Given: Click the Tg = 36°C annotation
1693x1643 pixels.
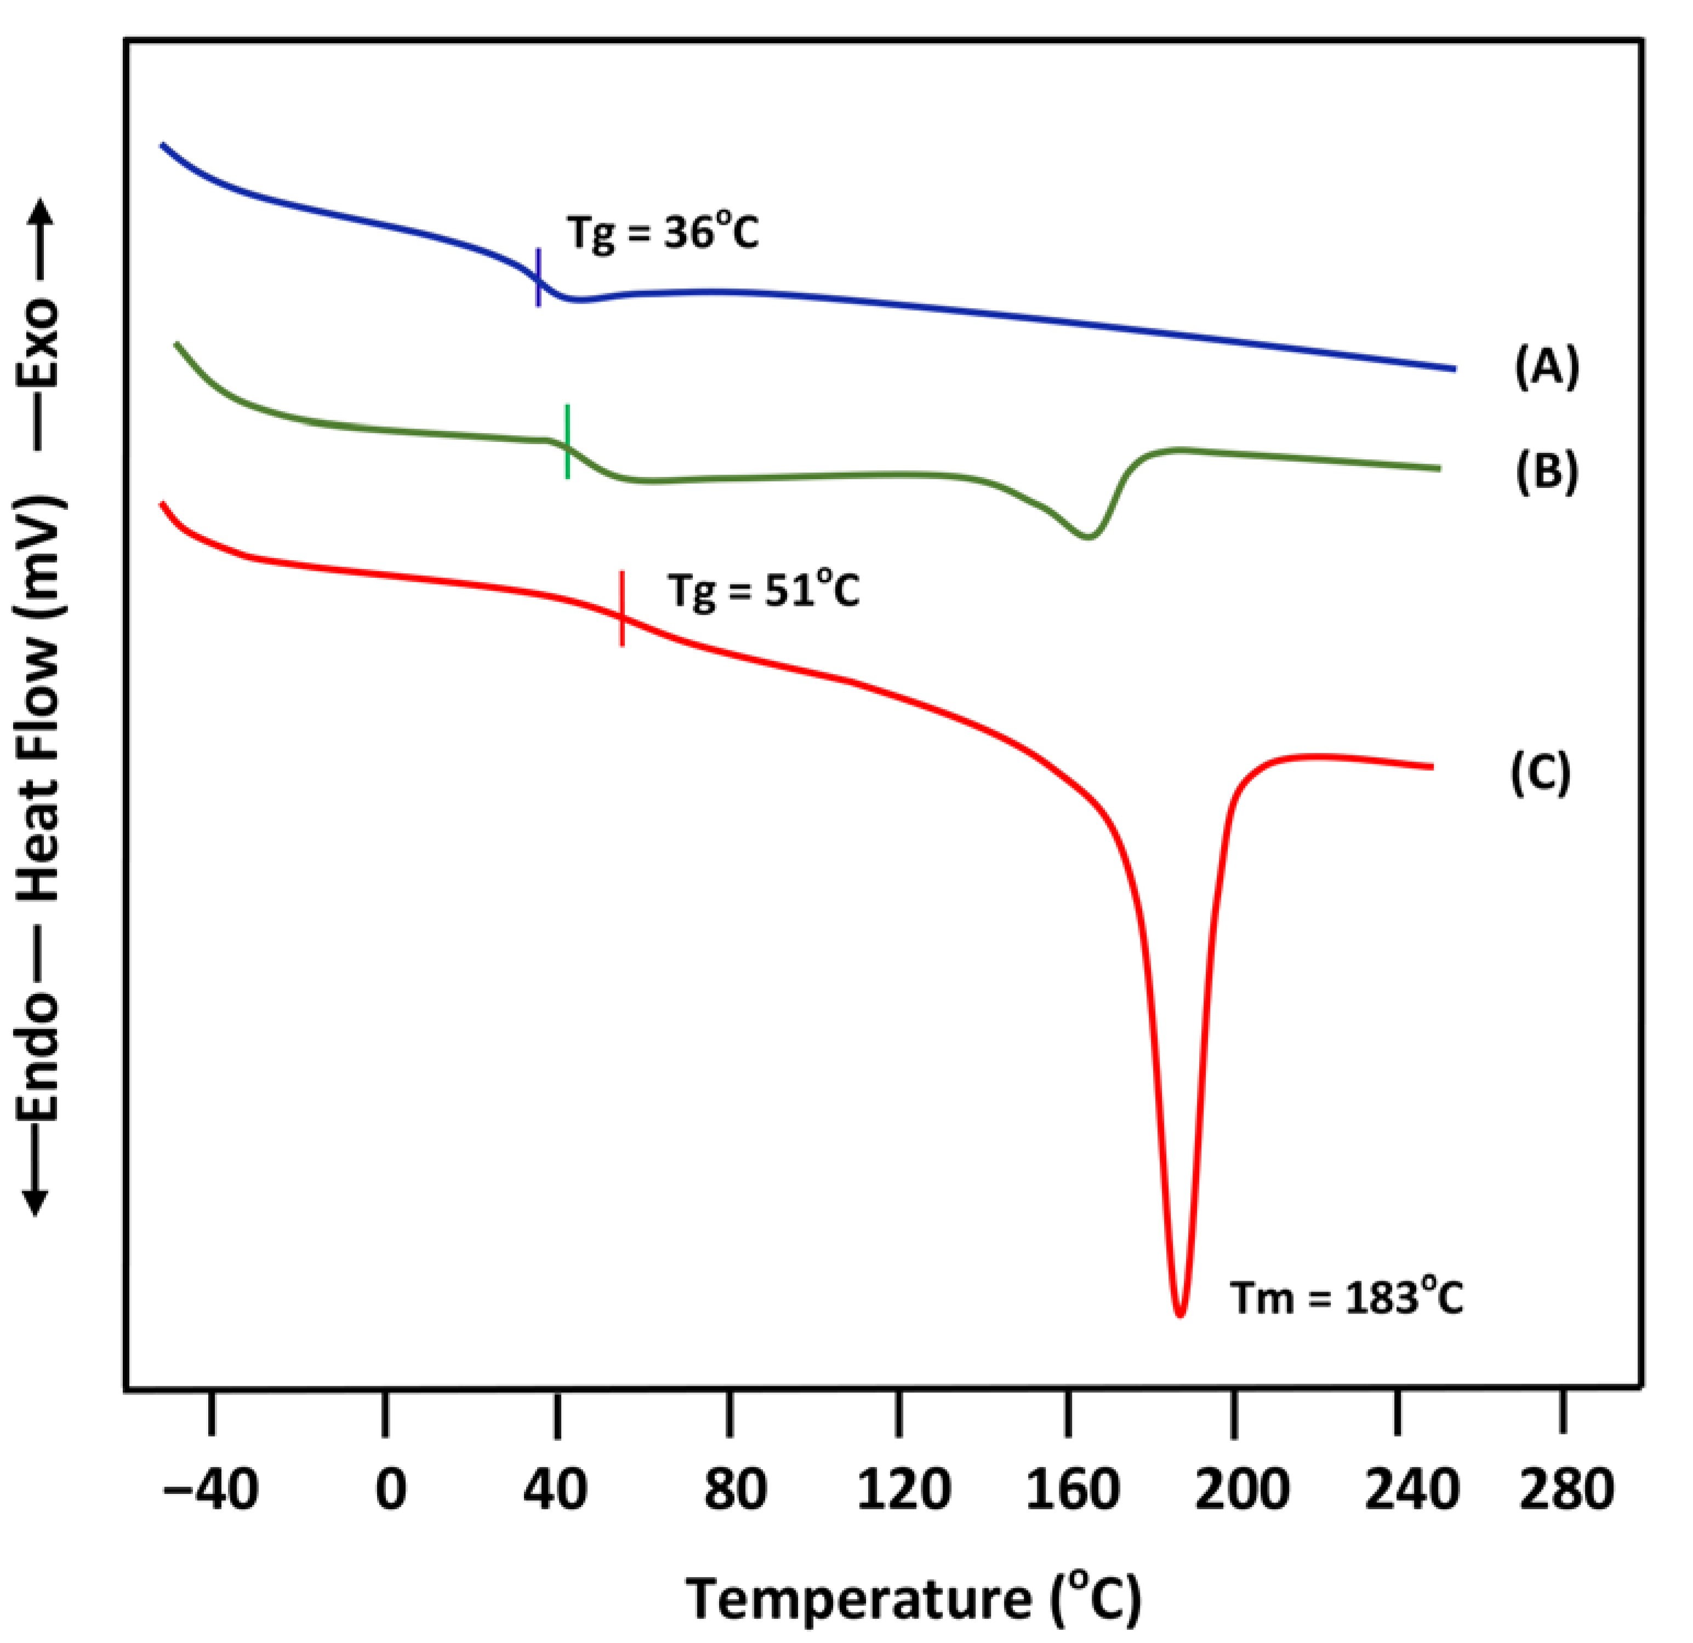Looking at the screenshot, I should pyautogui.click(x=663, y=233).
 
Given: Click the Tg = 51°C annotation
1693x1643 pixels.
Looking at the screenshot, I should pyautogui.click(x=763, y=592).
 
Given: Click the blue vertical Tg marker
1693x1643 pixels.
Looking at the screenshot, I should pyautogui.click(x=539, y=277).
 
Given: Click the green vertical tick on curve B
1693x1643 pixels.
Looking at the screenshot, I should pyautogui.click(x=567, y=441).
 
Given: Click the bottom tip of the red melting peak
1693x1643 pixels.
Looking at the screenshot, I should pyautogui.click(x=1181, y=1314).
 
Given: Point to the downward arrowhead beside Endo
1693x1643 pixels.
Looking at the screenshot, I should pyautogui.click(x=36, y=1205).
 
